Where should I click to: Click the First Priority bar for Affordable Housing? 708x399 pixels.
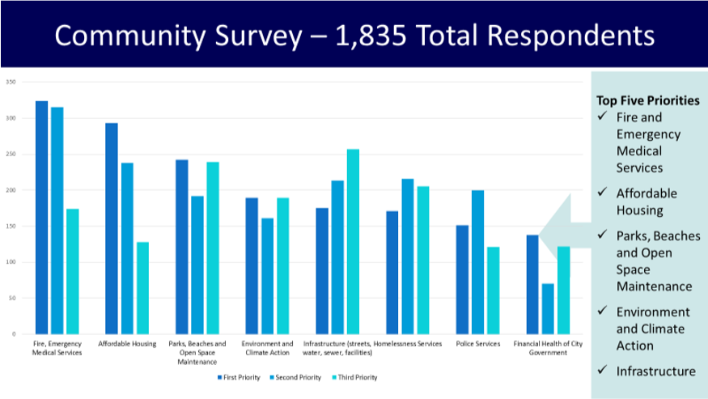(x=111, y=228)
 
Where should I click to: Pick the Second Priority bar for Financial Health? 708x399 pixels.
(x=548, y=308)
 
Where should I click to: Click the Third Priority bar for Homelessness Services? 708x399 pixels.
(x=422, y=260)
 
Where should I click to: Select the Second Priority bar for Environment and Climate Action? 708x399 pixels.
(x=267, y=276)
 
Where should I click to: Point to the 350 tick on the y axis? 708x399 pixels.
(x=11, y=83)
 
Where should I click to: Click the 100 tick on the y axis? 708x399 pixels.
(x=11, y=262)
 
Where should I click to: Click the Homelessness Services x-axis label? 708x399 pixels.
(x=408, y=344)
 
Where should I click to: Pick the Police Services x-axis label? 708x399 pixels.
(x=477, y=344)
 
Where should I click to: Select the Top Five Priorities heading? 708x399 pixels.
(x=647, y=101)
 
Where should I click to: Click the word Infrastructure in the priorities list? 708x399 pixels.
(x=655, y=371)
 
